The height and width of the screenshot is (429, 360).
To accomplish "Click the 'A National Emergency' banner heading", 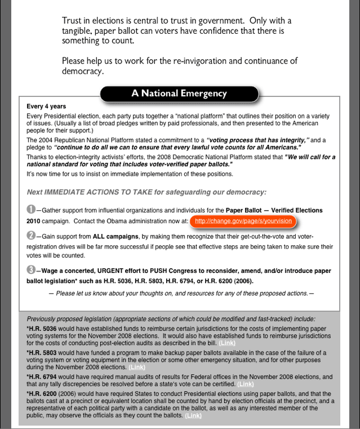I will click(x=179, y=94).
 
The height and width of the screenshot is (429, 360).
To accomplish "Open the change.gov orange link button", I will click(x=243, y=222).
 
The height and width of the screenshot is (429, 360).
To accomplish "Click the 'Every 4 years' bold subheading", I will click(x=46, y=107).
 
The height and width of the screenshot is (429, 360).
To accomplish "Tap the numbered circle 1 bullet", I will click(x=31, y=209).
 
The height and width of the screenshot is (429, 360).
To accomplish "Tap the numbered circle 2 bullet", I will click(x=31, y=236).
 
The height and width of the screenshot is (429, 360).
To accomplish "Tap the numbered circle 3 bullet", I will click(x=31, y=270).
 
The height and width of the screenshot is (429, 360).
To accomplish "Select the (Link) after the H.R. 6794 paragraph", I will click(x=246, y=384).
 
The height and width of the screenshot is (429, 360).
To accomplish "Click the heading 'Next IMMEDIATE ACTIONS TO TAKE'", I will click(x=95, y=192).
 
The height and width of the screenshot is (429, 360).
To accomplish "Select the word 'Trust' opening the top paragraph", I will click(x=73, y=21).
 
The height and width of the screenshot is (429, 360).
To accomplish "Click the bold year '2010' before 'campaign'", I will click(x=33, y=222).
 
